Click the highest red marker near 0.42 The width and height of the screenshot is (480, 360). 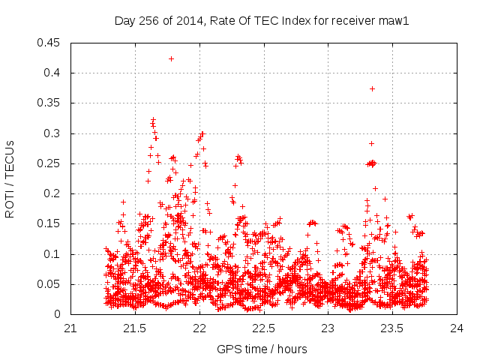coord(171,58)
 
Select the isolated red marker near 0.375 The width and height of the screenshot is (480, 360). coord(372,88)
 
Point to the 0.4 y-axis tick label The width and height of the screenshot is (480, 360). coord(55,73)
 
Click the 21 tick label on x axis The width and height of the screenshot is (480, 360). coord(71,328)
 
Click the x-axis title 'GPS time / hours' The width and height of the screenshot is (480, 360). coord(262,349)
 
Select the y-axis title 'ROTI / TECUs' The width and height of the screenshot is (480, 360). coord(10,178)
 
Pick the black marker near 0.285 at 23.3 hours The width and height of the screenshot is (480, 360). coord(371,143)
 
